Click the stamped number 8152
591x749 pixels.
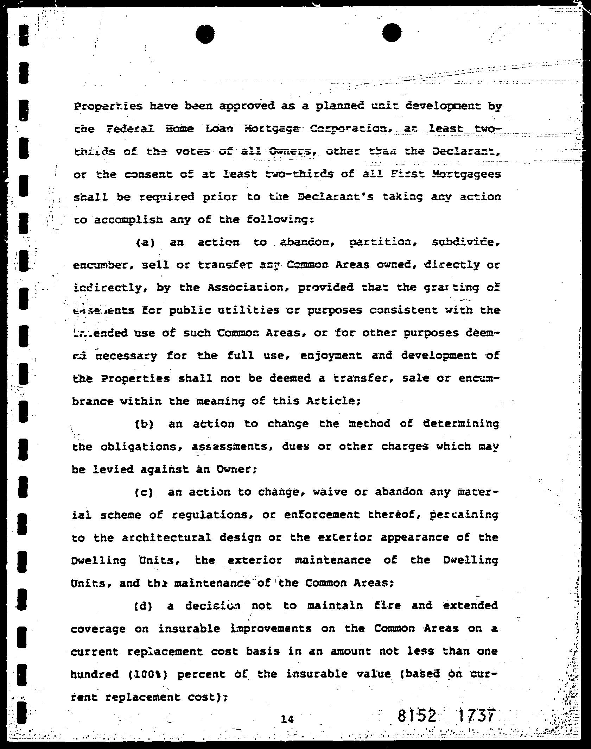(417, 716)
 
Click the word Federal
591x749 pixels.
(130, 129)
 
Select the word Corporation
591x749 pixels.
(338, 129)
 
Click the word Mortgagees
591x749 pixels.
(466, 175)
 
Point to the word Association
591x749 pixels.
(248, 288)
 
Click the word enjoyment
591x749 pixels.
(331, 356)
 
